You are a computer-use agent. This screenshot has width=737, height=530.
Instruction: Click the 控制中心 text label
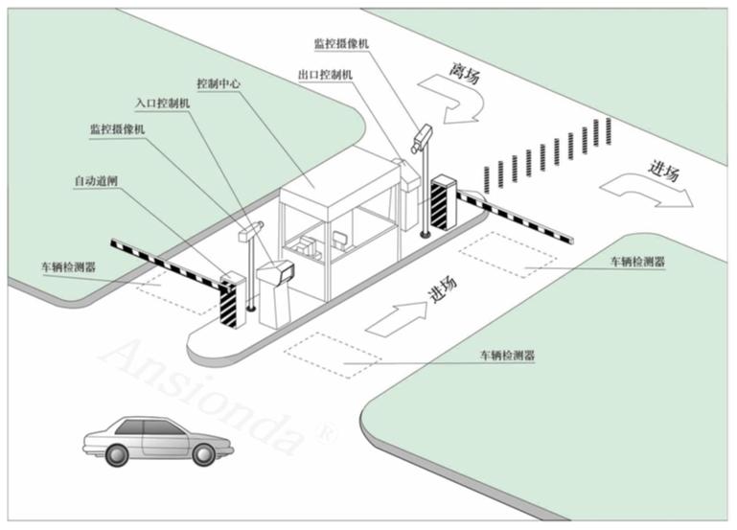(218, 83)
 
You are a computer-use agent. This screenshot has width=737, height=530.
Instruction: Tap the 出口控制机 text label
(325, 74)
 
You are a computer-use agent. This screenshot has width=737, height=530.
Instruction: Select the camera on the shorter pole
(253, 229)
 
